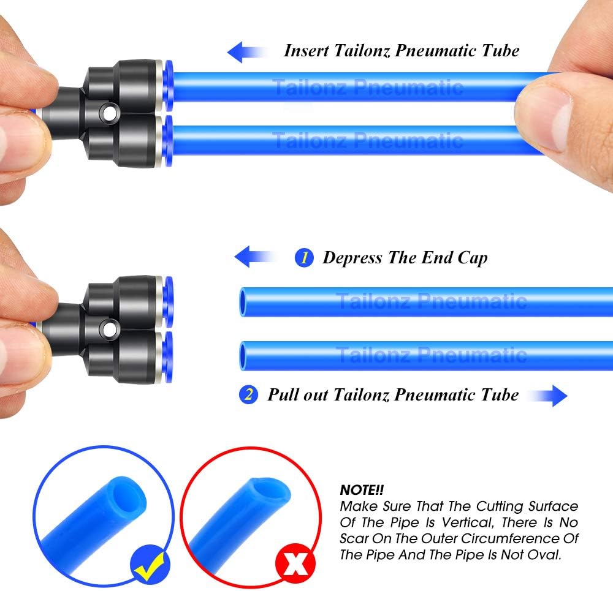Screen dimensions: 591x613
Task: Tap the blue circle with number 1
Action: (304, 257)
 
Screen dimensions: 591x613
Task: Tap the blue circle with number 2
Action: (248, 394)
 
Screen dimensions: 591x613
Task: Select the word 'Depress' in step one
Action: (353, 257)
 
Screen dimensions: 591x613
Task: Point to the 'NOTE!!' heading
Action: (361, 490)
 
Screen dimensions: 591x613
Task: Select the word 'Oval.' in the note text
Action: (544, 555)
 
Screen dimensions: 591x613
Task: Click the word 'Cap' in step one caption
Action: (472, 257)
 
